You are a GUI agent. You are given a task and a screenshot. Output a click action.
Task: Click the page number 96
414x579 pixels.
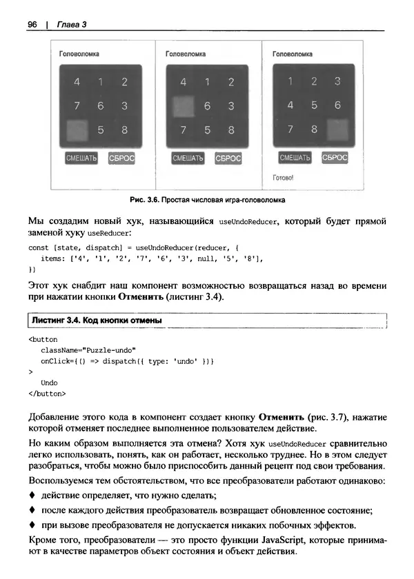tap(32, 26)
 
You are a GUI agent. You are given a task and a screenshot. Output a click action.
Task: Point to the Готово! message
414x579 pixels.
tap(283, 177)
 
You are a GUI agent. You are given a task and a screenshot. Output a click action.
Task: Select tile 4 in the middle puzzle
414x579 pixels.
tap(183, 82)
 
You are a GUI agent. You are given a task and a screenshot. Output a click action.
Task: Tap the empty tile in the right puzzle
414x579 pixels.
tap(337, 128)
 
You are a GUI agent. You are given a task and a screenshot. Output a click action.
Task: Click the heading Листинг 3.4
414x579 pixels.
tap(55, 321)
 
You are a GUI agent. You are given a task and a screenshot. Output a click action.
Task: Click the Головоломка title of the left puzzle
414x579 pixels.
tap(79, 53)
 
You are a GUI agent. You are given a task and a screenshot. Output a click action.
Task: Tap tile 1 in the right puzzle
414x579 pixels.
tap(290, 81)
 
